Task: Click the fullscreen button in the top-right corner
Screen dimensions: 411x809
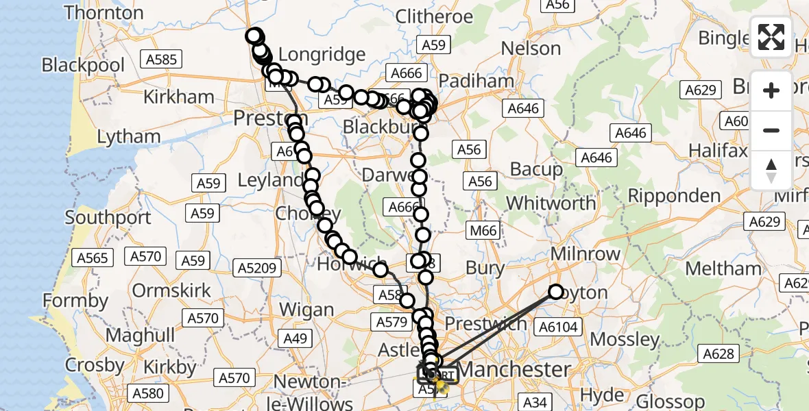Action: [771, 37]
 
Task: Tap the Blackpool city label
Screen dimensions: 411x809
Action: [83, 66]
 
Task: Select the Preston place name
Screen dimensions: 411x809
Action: [269, 119]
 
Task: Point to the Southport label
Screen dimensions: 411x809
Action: [108, 219]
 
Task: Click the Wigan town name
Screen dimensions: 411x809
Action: [307, 310]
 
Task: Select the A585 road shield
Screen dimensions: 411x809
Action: [161, 60]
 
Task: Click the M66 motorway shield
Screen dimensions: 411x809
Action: [483, 231]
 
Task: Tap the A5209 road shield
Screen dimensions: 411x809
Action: [257, 268]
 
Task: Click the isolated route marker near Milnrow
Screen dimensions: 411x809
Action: [556, 292]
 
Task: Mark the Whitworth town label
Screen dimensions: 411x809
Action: [551, 203]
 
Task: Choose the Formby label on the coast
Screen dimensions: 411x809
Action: [75, 301]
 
